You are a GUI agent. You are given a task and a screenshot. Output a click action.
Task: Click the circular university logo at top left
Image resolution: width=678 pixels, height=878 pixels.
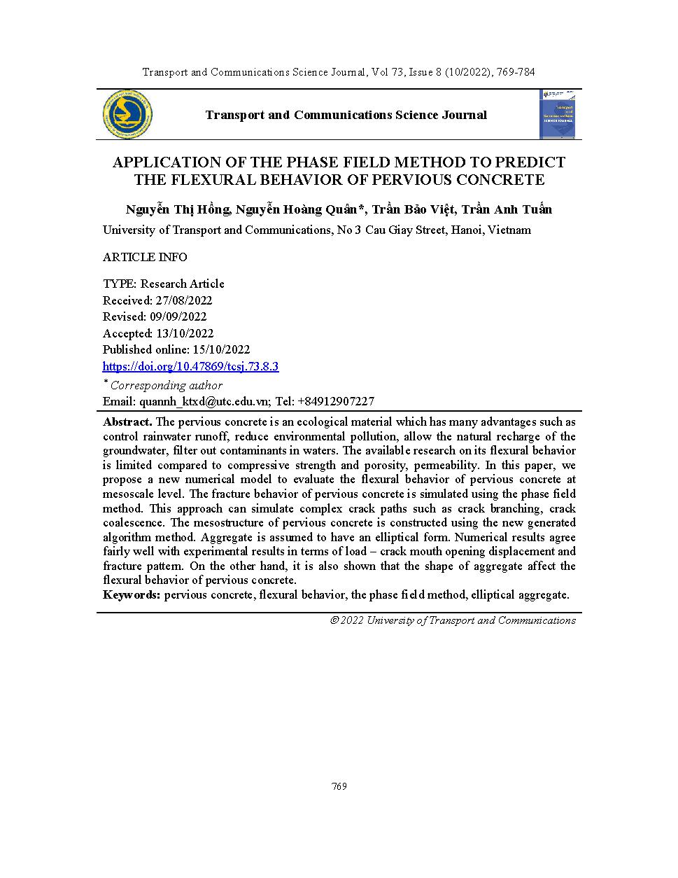tap(128, 114)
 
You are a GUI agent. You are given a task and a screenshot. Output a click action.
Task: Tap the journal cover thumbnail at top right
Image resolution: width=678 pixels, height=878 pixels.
tap(558, 114)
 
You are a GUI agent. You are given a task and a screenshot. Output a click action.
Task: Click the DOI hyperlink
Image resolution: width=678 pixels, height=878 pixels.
tap(190, 366)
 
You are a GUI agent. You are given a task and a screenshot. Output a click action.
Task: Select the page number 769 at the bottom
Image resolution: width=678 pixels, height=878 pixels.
tap(339, 786)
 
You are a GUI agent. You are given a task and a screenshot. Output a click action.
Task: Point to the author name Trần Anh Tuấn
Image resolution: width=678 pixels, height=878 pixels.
tap(507, 209)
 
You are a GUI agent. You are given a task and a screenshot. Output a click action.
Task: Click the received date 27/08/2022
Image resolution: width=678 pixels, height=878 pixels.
tap(184, 300)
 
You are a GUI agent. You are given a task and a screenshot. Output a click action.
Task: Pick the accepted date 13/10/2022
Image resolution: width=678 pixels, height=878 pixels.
tap(185, 333)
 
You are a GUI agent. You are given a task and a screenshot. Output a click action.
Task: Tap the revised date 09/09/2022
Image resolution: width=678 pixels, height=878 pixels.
tap(178, 316)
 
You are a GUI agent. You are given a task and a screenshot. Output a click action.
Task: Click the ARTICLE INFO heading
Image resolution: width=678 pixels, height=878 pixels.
tap(145, 257)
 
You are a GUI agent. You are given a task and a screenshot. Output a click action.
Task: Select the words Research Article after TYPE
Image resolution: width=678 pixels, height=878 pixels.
tap(183, 284)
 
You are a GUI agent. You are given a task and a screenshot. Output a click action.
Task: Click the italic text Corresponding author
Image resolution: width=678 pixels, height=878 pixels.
tap(167, 385)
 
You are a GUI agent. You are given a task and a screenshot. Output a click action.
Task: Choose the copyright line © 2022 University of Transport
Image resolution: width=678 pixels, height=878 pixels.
tap(453, 620)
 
